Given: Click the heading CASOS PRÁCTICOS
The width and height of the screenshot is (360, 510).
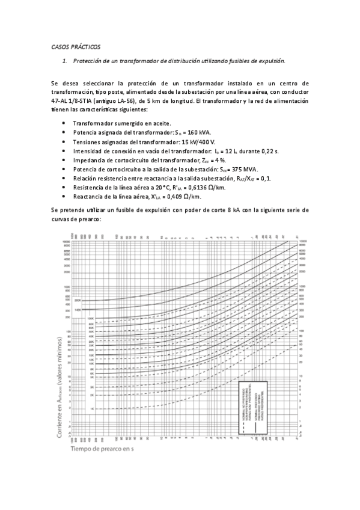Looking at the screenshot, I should point(75,46).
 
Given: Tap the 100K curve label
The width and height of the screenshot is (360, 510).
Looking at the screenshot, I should point(91,319).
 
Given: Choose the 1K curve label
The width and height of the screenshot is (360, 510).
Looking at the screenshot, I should point(92,408).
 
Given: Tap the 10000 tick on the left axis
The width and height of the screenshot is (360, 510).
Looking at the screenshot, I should point(67,241).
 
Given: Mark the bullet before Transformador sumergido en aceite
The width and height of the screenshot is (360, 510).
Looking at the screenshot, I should point(64,121).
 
